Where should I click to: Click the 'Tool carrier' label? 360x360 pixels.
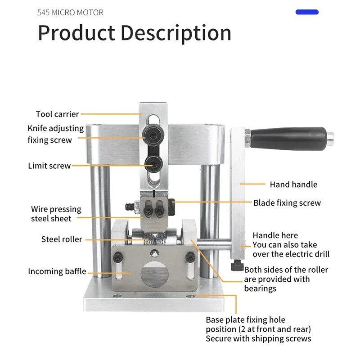[58, 114]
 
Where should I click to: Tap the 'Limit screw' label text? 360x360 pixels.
[49, 166]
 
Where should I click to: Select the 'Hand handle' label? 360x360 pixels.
[293, 184]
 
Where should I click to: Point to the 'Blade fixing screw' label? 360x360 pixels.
[287, 203]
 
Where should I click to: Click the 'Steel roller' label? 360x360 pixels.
[62, 239]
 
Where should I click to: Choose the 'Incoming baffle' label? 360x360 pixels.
[57, 271]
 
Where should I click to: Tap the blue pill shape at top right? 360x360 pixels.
[307, 12]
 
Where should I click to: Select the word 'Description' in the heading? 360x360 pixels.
[176, 33]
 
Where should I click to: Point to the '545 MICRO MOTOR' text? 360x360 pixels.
[70, 12]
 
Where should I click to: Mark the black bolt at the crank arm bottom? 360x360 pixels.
[237, 266]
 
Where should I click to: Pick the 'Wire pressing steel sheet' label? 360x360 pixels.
[56, 214]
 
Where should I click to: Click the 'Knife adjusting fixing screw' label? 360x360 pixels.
[56, 134]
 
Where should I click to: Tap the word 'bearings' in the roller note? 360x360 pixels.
[260, 288]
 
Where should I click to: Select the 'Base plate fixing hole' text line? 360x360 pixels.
[246, 320]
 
